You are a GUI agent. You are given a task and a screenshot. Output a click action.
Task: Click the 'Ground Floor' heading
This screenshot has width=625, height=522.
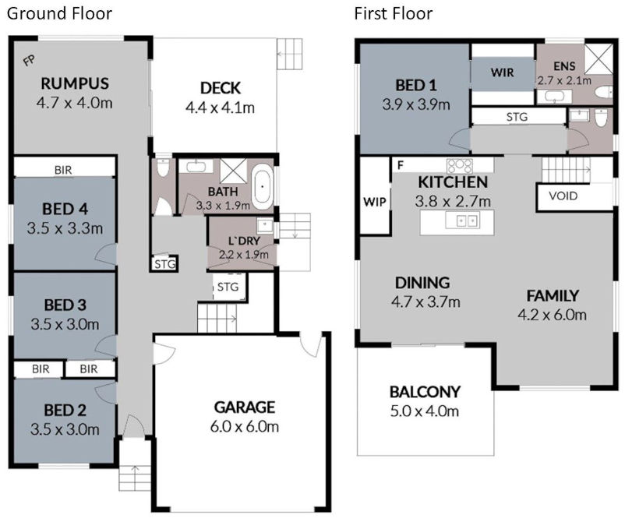pyautogui.click(x=59, y=14)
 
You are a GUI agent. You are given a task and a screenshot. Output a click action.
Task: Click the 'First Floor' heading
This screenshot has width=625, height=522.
pyautogui.click(x=393, y=14)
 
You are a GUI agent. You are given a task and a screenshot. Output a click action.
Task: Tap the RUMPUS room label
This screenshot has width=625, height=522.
pyautogui.click(x=75, y=83)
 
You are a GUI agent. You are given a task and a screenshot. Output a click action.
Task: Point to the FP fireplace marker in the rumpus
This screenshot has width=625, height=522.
pyautogui.click(x=29, y=59)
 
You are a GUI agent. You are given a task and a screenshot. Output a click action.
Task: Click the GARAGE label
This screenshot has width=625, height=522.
pyautogui.click(x=245, y=407)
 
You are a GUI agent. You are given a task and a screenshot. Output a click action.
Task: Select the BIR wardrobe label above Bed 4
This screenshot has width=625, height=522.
pyautogui.click(x=64, y=168)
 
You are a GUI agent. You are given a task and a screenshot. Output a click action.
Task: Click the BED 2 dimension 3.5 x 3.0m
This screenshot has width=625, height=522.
pyautogui.click(x=65, y=429)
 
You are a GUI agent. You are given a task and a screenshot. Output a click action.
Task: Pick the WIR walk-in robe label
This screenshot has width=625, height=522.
pyautogui.click(x=502, y=72)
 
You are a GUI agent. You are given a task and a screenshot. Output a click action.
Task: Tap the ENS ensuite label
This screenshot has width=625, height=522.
pyautogui.click(x=563, y=66)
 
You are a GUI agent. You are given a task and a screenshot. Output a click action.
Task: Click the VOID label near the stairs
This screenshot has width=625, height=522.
pyautogui.click(x=563, y=196)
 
